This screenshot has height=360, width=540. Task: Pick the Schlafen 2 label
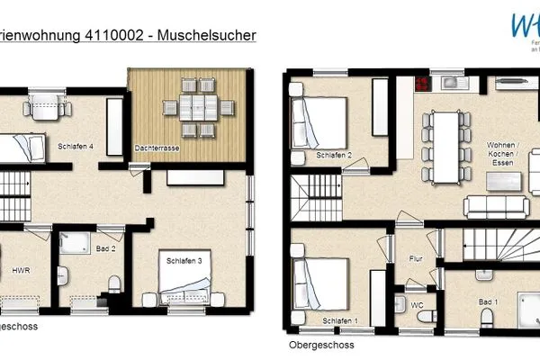(x=334, y=157)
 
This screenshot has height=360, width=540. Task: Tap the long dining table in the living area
(x=445, y=144)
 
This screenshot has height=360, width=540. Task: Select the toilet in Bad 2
(x=114, y=283)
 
